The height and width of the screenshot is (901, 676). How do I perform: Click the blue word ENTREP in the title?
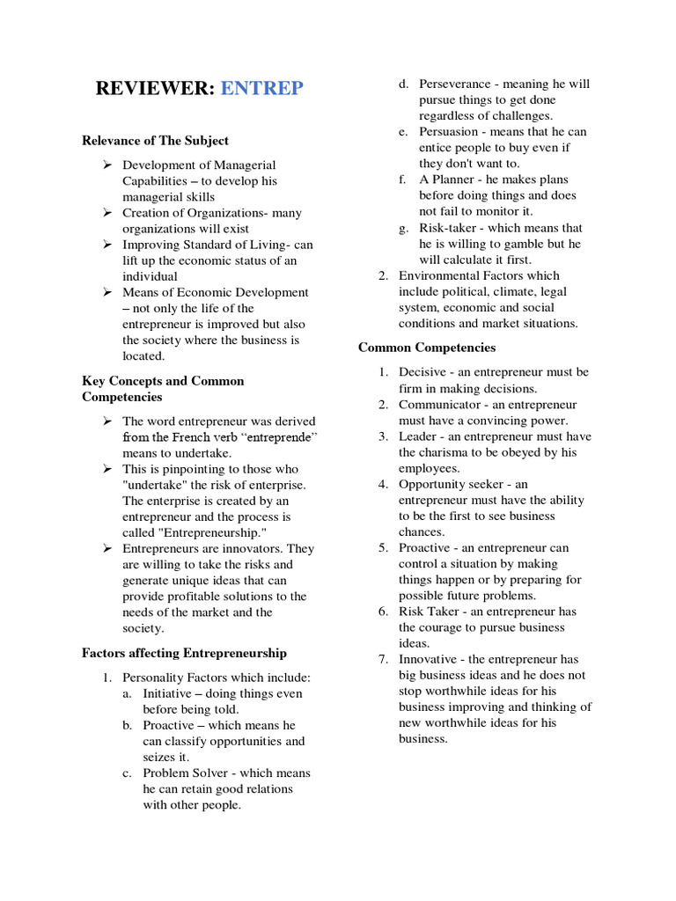point(261,88)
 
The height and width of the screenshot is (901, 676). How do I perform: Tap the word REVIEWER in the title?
point(154,88)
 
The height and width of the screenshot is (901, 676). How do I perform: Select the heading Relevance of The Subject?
point(155,140)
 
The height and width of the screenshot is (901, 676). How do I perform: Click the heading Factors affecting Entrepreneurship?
point(184,653)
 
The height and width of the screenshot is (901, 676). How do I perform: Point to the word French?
point(203,437)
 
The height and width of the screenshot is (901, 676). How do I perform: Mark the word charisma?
point(449,452)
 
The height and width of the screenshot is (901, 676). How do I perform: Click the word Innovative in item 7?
point(428,659)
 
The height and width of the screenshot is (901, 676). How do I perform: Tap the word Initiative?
point(168,693)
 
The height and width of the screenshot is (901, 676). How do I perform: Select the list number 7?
point(384,659)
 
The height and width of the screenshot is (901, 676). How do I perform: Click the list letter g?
point(402,228)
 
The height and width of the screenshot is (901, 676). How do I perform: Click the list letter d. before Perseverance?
point(402,84)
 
